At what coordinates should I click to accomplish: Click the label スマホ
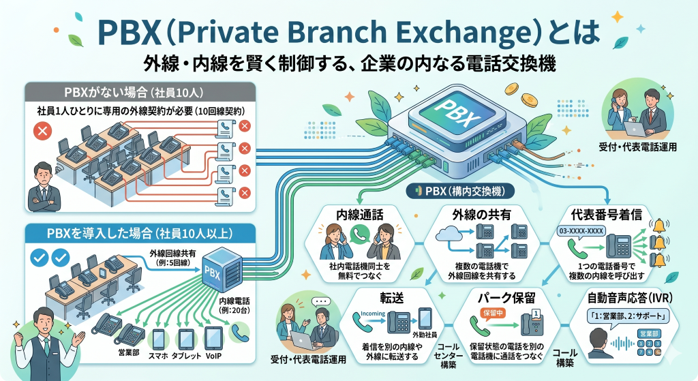[157, 356]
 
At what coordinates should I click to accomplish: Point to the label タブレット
[187, 356]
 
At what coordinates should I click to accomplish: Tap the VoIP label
[213, 356]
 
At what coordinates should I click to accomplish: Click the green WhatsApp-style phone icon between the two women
[361, 236]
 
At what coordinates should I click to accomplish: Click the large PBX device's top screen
[453, 111]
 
